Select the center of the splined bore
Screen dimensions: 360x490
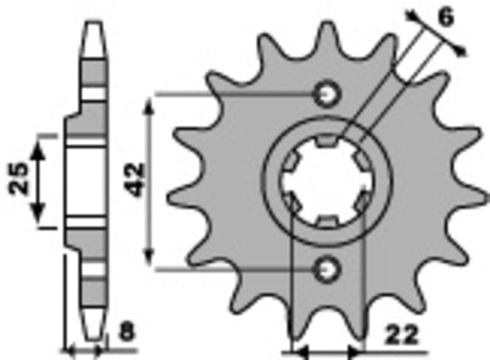325,180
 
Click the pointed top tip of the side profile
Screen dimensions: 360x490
96,21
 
